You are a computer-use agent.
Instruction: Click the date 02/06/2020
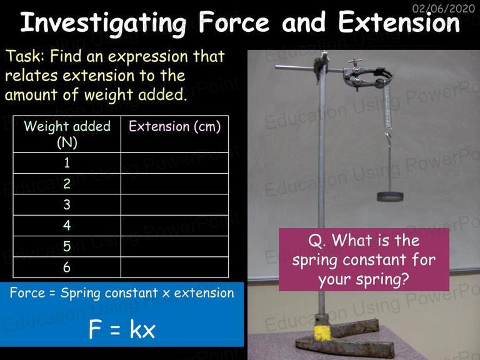click(x=443, y=8)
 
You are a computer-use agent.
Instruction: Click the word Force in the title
click(x=233, y=22)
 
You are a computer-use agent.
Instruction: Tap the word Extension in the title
click(x=399, y=22)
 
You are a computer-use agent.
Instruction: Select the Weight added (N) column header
click(x=67, y=134)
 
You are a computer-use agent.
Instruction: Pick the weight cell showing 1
click(x=67, y=163)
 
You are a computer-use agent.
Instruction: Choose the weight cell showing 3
click(x=67, y=204)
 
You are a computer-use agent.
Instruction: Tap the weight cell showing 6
click(x=67, y=267)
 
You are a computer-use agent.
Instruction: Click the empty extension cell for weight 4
click(x=174, y=226)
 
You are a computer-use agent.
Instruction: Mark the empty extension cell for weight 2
click(x=174, y=184)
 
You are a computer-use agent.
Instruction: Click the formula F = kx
click(x=122, y=329)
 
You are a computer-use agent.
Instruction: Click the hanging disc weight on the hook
click(x=390, y=196)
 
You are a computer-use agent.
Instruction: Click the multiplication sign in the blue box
click(x=166, y=294)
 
